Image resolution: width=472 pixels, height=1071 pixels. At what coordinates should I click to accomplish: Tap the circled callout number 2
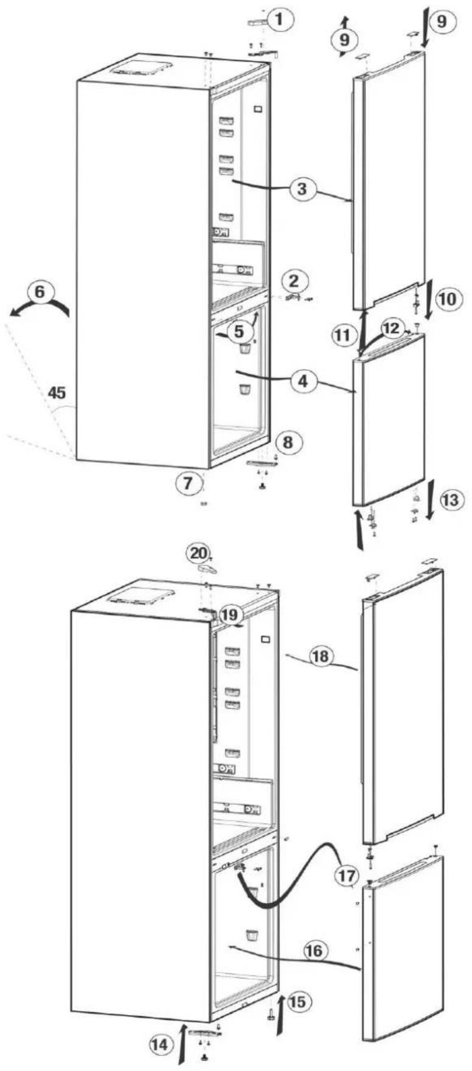[294, 281]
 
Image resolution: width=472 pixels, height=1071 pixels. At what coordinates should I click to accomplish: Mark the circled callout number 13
[451, 500]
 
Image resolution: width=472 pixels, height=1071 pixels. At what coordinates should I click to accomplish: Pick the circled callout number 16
[315, 950]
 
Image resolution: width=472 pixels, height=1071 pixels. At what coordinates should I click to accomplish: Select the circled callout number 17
[347, 876]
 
